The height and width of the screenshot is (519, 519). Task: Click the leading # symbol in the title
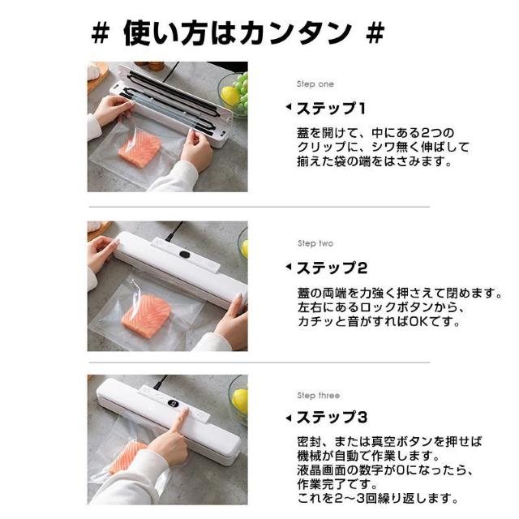[x=101, y=33]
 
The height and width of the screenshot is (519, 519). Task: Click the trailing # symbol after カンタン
[x=375, y=33]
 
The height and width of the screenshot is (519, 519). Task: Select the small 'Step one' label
[x=314, y=84]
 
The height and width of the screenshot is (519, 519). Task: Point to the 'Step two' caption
[x=315, y=243]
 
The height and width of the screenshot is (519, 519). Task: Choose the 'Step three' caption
[x=318, y=396]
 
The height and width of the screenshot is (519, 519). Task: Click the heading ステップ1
[x=330, y=108]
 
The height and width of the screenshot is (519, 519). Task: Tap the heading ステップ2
[x=331, y=267]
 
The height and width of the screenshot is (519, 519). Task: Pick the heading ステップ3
[x=331, y=418]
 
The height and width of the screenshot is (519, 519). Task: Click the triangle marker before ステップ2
[x=288, y=267]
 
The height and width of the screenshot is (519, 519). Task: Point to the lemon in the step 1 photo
[x=230, y=97]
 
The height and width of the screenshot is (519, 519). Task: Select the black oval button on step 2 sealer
[x=186, y=255]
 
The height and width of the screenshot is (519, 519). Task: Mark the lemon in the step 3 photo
[x=240, y=400]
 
